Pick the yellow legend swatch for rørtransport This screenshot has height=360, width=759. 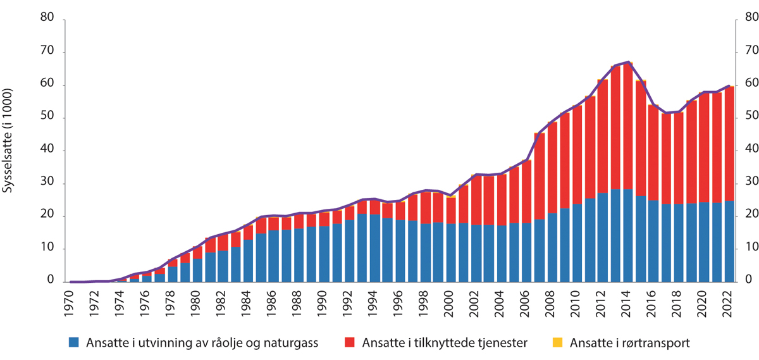click(x=557, y=343)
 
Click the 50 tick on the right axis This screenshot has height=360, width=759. click(x=748, y=118)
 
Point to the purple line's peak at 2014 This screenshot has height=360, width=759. click(x=627, y=62)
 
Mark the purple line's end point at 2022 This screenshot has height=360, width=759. click(x=728, y=85)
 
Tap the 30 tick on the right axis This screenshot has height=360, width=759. click(x=748, y=183)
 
